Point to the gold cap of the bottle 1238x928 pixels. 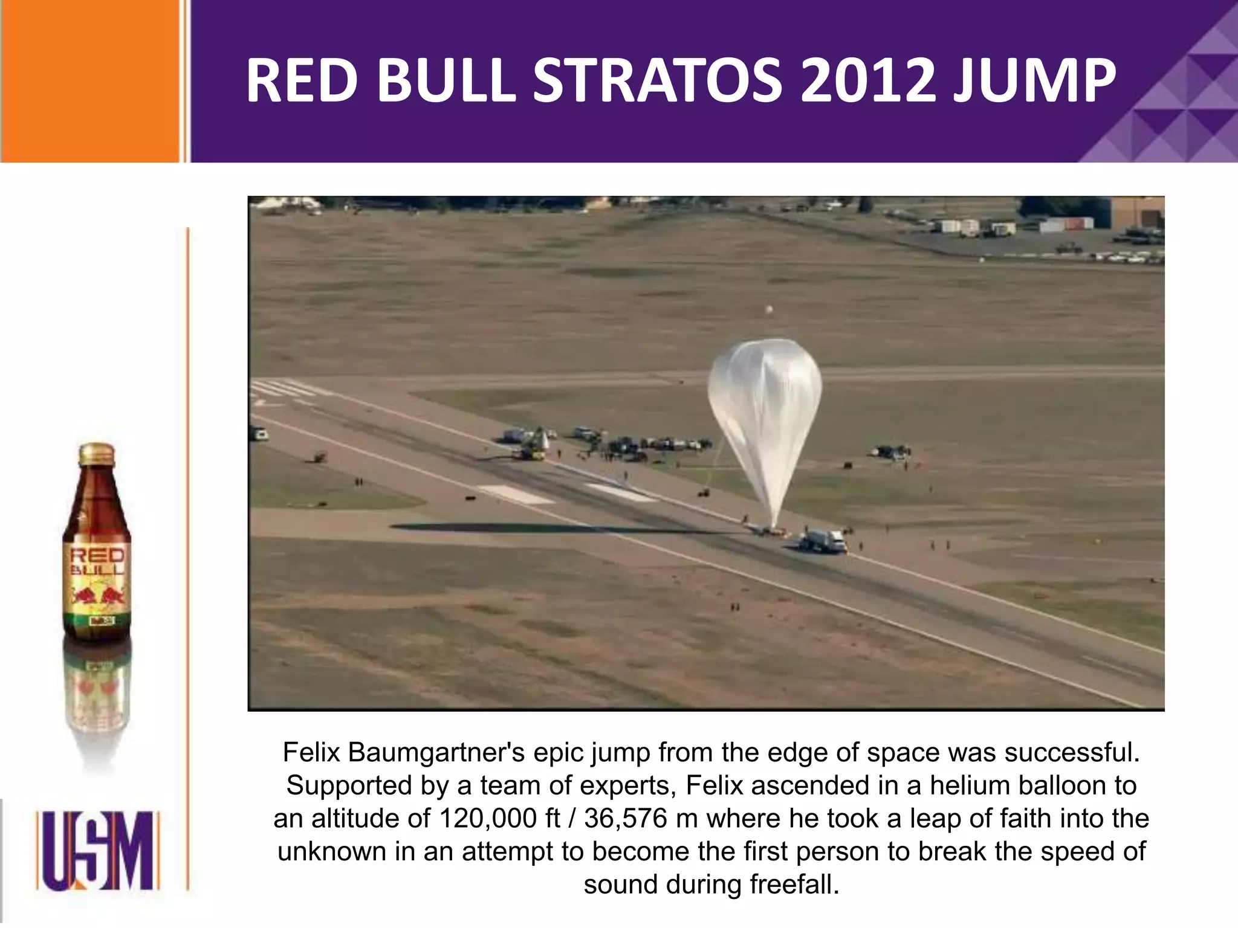point(97,453)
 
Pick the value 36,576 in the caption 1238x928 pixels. point(625,819)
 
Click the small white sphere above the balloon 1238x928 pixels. point(769,310)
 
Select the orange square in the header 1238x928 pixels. point(91,81)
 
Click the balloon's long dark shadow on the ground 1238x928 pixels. point(544,529)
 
